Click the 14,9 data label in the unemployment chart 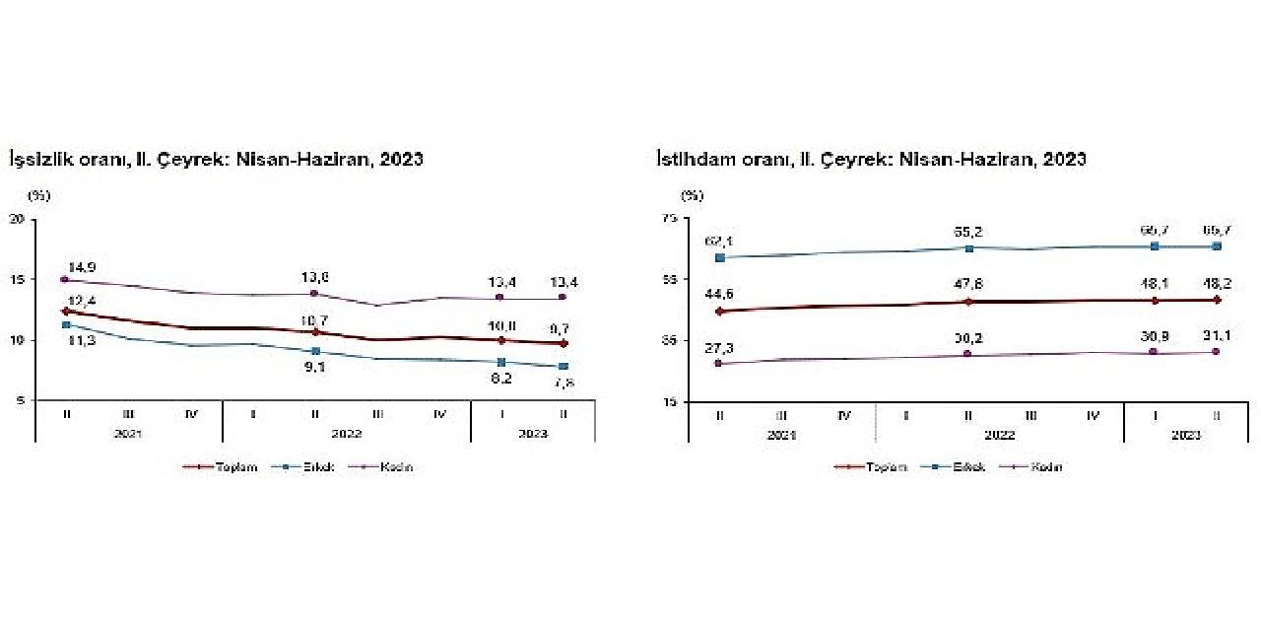coord(80,267)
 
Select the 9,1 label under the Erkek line coord(313,371)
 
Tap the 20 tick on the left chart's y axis coord(18,218)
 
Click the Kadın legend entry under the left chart coord(399,467)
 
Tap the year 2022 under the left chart coord(346,434)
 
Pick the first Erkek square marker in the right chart coord(720,257)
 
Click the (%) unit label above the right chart coord(694,195)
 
